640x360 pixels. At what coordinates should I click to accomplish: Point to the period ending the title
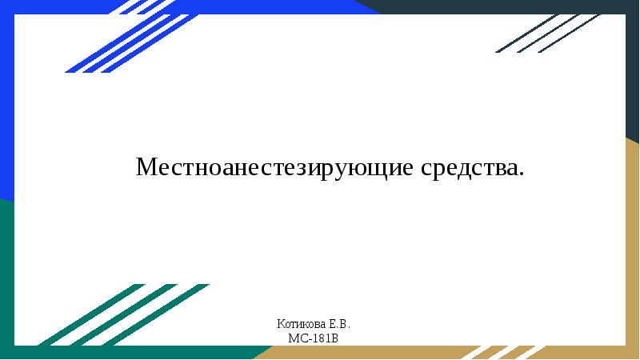(x=522, y=175)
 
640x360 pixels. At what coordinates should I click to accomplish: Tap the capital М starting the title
(x=146, y=168)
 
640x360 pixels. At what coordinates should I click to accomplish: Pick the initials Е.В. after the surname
(x=338, y=325)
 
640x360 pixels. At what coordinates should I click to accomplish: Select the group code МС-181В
(x=314, y=338)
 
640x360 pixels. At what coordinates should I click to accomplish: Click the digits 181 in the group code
(x=323, y=338)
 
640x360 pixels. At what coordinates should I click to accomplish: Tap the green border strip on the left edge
(x=6, y=272)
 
